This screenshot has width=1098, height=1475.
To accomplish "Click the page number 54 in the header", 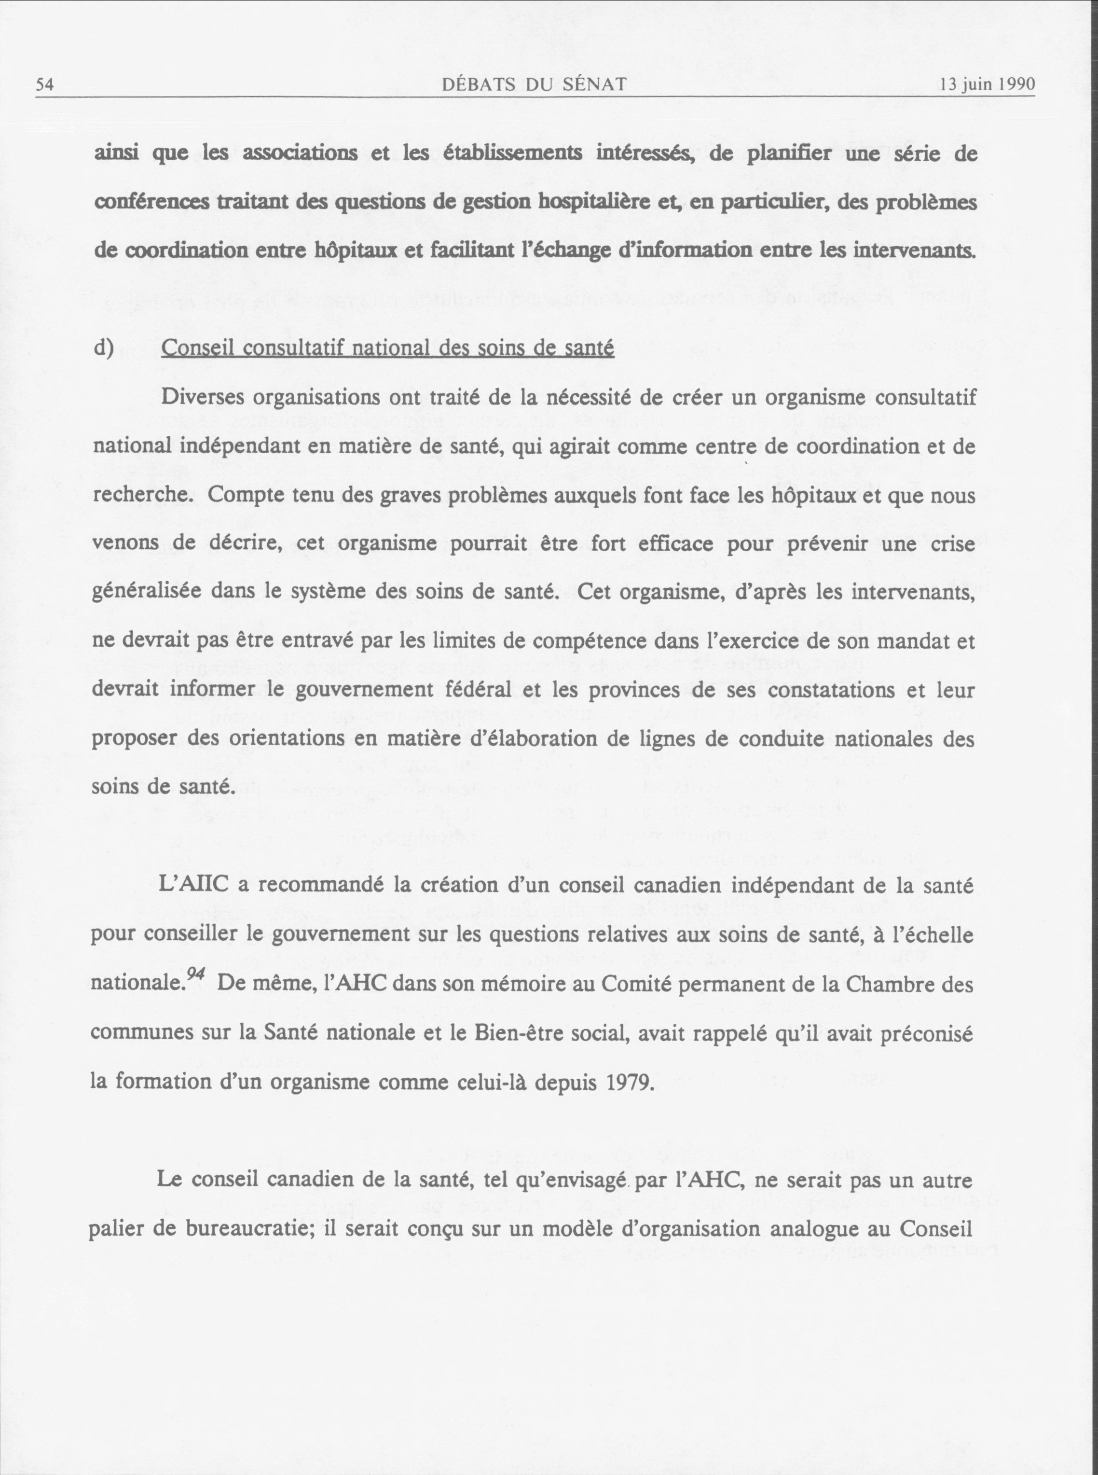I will click(x=44, y=85).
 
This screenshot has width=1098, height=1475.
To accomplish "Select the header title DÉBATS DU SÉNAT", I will click(x=535, y=84).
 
